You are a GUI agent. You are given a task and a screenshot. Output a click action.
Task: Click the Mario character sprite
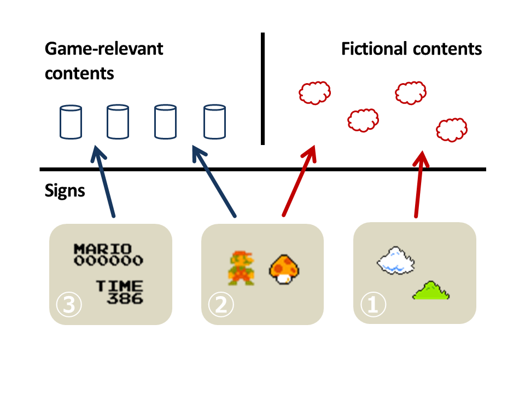241,268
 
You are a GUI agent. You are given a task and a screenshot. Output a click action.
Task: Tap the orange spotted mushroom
284,269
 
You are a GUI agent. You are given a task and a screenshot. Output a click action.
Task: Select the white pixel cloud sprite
396,260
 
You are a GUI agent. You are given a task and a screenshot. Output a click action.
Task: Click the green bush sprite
431,291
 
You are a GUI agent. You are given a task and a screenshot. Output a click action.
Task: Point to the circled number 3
69,305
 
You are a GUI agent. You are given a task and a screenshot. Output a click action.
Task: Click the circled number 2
221,305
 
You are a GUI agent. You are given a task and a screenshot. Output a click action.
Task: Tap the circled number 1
374,305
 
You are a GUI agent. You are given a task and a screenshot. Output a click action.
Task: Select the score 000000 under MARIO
108,260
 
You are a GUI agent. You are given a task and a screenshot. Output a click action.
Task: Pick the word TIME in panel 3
120,286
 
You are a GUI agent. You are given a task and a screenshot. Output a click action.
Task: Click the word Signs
65,191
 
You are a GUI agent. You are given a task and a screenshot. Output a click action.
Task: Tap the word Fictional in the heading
375,49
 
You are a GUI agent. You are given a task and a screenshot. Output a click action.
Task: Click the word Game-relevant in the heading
104,49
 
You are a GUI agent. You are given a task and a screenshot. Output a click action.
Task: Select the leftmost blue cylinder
71,122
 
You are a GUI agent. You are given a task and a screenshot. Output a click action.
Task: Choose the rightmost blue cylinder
214,122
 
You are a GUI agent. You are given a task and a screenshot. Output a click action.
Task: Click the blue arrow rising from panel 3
103,182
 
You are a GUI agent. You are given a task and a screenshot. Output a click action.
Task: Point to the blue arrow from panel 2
214,181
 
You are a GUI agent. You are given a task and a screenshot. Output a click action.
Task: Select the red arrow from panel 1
419,184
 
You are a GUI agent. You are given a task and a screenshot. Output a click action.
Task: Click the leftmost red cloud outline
315,93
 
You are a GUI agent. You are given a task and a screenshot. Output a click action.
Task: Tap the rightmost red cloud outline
452,130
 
